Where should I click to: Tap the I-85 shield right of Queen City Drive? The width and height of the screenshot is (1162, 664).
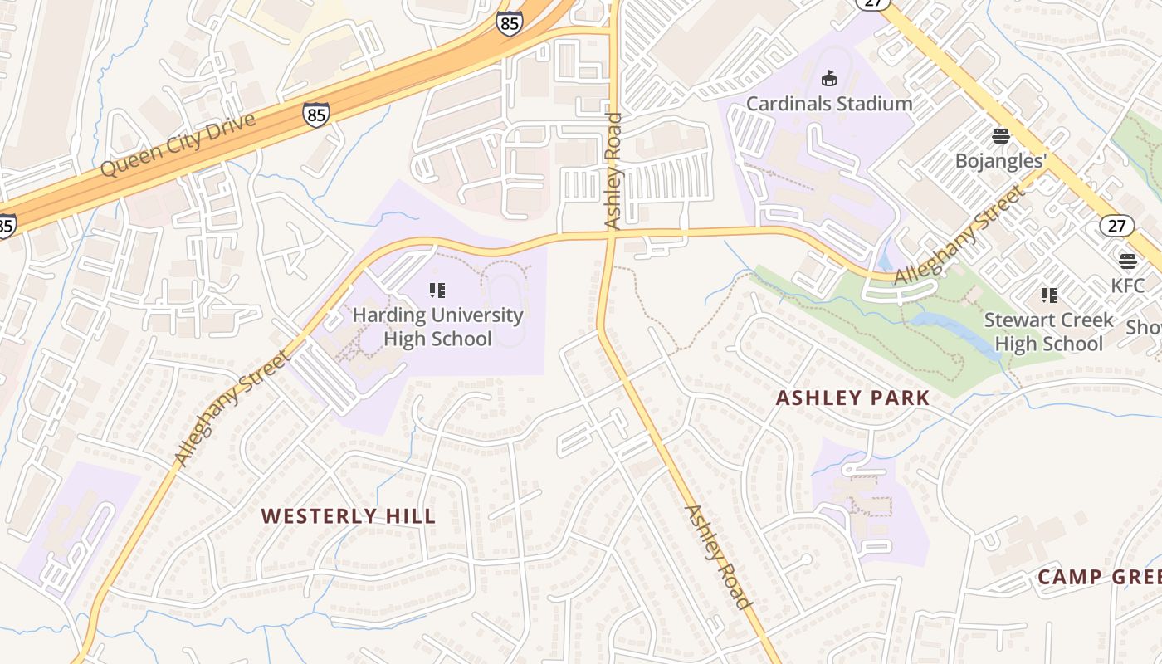[x=315, y=114]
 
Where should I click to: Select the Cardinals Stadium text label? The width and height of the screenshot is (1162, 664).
[x=828, y=104]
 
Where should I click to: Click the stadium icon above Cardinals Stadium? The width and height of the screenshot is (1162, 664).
[x=828, y=79]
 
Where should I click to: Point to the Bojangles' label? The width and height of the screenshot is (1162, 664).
[x=1000, y=160]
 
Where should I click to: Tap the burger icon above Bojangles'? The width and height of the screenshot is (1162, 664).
[x=1000, y=136]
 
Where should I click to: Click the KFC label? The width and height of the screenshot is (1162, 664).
[x=1127, y=286]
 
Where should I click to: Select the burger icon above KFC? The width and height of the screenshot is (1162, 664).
[x=1127, y=261]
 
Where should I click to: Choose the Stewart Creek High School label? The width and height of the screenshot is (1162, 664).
[x=1048, y=332]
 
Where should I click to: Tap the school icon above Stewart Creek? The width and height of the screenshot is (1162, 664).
[x=1048, y=295]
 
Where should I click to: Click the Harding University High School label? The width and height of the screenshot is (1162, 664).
[x=437, y=327]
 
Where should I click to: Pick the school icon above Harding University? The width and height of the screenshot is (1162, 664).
[x=437, y=290]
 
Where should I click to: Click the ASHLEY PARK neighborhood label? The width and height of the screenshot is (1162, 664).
[x=852, y=398]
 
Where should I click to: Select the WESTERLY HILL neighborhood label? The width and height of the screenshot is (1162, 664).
[x=348, y=516]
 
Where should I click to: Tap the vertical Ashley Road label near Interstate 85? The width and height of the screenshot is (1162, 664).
[x=613, y=171]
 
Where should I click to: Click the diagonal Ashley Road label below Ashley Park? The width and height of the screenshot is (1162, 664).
[x=718, y=557]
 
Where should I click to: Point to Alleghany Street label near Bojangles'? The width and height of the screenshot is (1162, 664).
[x=959, y=237]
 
